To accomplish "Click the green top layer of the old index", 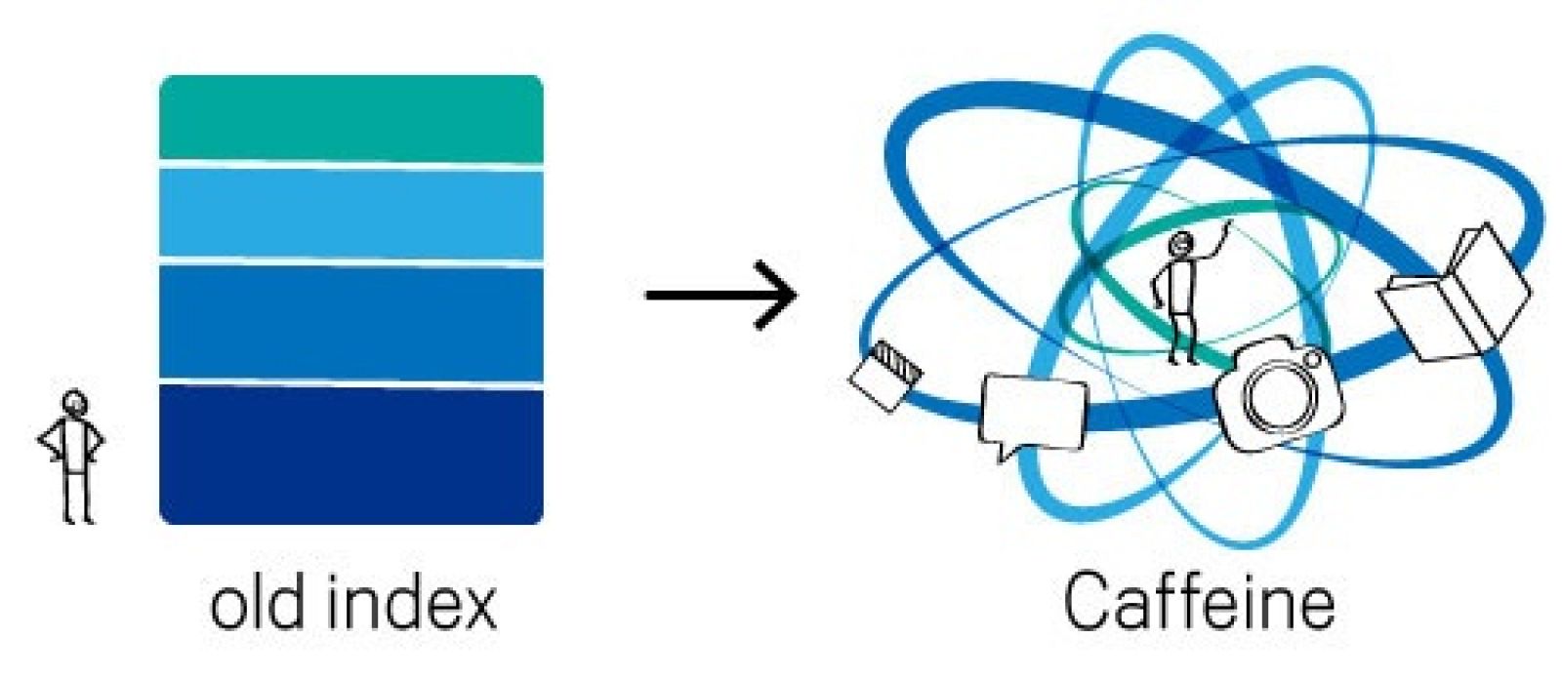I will [350, 117].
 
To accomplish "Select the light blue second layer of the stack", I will [350, 213].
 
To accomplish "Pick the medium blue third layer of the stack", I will [350, 322].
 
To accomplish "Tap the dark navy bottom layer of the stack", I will [350, 455].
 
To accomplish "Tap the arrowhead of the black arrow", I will [781, 294].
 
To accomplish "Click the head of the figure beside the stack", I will [74, 403].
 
